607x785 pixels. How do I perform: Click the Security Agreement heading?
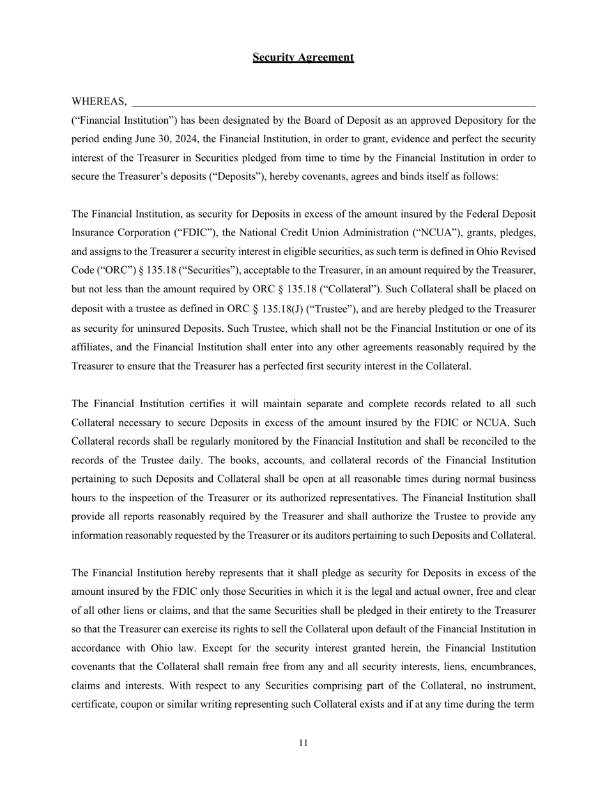[303, 57]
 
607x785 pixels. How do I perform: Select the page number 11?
[303, 743]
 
